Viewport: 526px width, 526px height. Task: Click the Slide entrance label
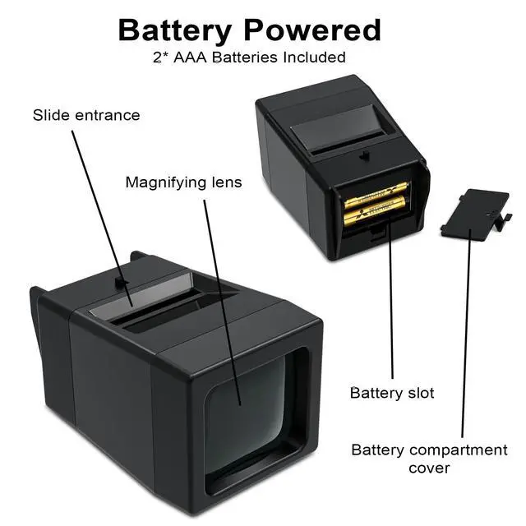(x=86, y=115)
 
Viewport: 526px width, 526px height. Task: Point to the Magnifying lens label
(x=183, y=182)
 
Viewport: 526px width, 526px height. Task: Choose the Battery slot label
(x=392, y=392)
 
